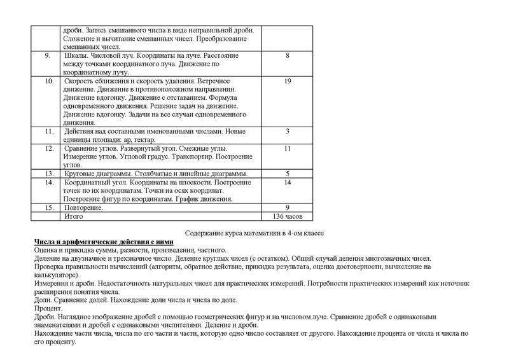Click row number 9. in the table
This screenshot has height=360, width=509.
click(x=48, y=56)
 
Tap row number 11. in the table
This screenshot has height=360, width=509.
click(x=48, y=131)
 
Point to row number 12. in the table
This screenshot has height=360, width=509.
click(x=48, y=148)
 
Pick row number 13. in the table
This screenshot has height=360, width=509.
click(x=48, y=173)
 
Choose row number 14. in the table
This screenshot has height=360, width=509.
click(x=48, y=182)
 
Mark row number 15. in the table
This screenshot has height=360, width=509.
click(x=48, y=207)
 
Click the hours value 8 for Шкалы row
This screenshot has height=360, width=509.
click(x=288, y=56)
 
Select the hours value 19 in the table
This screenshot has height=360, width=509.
click(x=288, y=82)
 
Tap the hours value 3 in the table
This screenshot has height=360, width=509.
click(x=288, y=131)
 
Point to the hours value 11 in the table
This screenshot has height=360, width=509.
click(x=288, y=148)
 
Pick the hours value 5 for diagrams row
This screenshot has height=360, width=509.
click(x=288, y=173)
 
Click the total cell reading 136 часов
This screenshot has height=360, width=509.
click(x=288, y=216)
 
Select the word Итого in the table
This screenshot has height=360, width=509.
click(x=75, y=216)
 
